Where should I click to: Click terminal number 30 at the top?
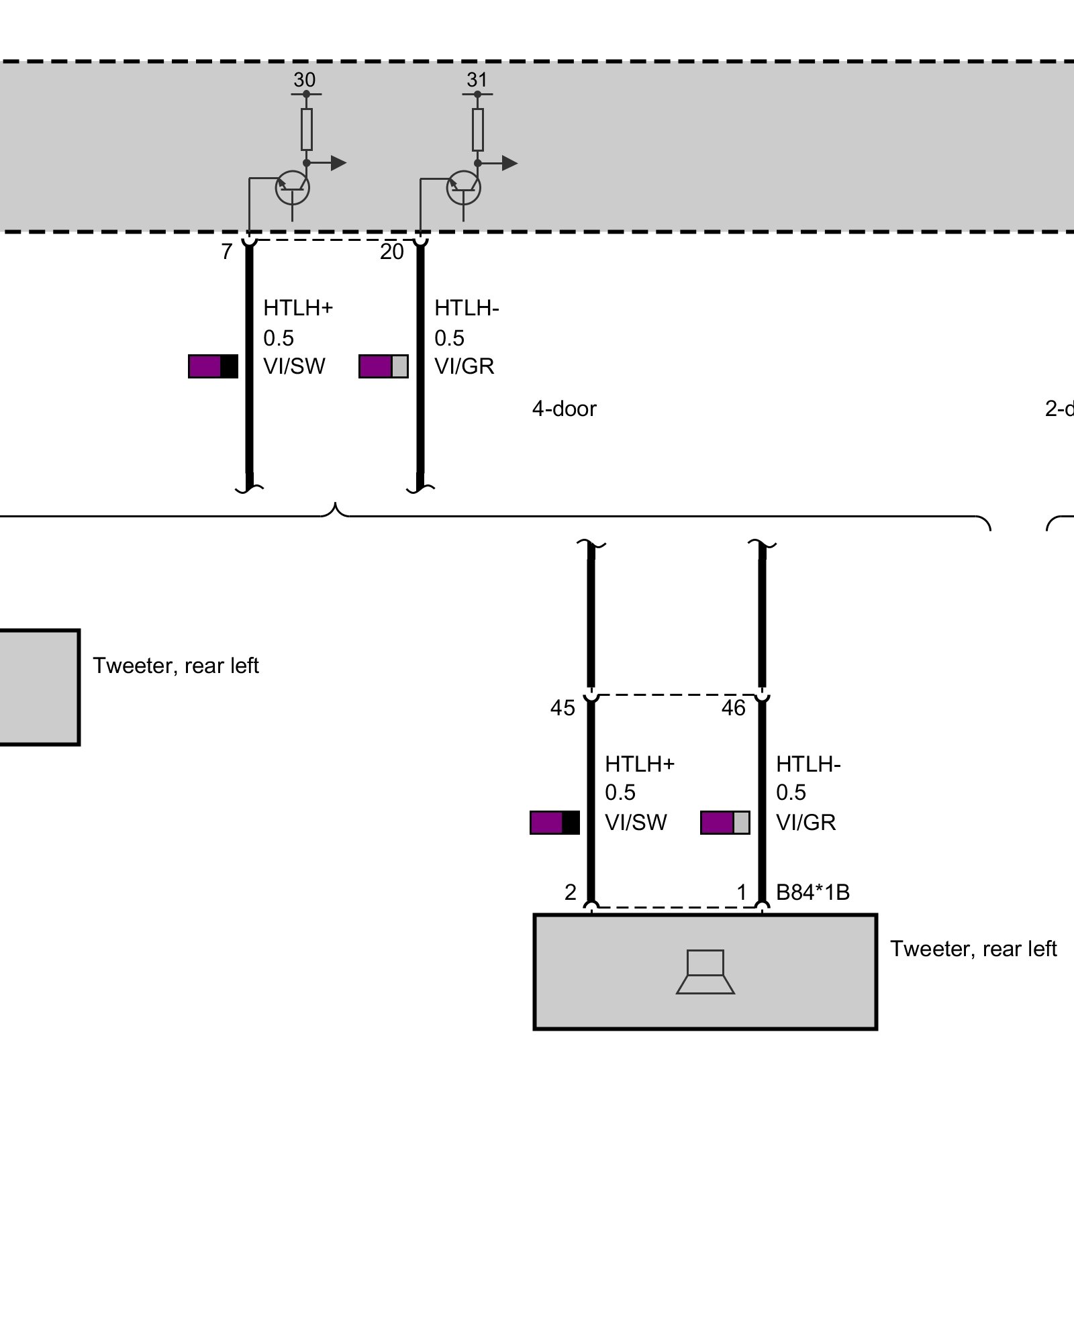(304, 80)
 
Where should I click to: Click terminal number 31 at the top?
(477, 80)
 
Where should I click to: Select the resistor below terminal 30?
(307, 130)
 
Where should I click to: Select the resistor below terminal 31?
(478, 130)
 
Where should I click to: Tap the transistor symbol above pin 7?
(293, 189)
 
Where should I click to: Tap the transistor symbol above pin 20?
(464, 189)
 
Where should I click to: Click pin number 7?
(227, 252)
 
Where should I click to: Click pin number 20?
(392, 252)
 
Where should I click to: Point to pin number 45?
(563, 708)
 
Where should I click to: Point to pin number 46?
(734, 708)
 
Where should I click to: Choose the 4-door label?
(564, 409)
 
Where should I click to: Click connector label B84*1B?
(813, 892)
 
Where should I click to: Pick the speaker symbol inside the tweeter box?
(705, 972)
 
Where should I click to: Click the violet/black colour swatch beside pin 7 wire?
(213, 366)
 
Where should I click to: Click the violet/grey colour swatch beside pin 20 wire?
(383, 366)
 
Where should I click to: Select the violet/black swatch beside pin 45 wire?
(554, 823)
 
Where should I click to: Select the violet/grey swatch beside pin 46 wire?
(725, 823)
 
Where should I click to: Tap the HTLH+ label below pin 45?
(640, 764)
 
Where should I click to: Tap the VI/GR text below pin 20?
(465, 366)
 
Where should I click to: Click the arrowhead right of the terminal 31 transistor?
(510, 163)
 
